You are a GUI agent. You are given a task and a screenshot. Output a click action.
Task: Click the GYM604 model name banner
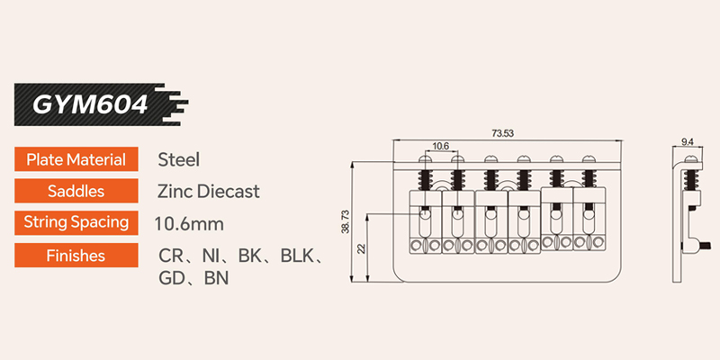(x=101, y=104)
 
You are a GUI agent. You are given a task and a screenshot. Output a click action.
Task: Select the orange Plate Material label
(x=76, y=159)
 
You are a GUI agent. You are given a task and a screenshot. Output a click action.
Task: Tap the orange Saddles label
(x=76, y=191)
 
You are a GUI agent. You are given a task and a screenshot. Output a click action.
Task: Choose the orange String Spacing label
(x=76, y=222)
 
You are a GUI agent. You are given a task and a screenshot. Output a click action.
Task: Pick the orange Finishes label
(x=76, y=255)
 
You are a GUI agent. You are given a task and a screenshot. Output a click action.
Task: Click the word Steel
(x=178, y=160)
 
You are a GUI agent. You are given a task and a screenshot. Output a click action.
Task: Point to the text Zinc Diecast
(x=209, y=191)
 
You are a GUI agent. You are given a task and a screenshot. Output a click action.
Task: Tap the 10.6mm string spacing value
(x=189, y=224)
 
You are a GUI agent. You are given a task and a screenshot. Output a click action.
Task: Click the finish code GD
(x=170, y=278)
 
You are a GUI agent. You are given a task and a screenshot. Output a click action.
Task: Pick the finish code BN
(x=216, y=278)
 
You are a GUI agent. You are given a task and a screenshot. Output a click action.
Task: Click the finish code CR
(x=170, y=256)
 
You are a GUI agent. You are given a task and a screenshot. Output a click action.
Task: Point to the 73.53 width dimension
(x=503, y=133)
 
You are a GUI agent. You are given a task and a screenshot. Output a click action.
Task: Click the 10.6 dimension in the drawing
(x=440, y=146)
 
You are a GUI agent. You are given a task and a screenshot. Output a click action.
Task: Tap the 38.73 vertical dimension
(x=346, y=220)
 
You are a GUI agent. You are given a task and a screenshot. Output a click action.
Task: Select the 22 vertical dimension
(x=361, y=248)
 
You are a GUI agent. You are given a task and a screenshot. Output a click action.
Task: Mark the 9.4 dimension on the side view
(x=688, y=142)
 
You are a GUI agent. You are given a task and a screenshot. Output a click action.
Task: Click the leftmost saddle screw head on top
(x=425, y=159)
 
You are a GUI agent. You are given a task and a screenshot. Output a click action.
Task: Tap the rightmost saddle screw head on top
(x=589, y=159)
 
